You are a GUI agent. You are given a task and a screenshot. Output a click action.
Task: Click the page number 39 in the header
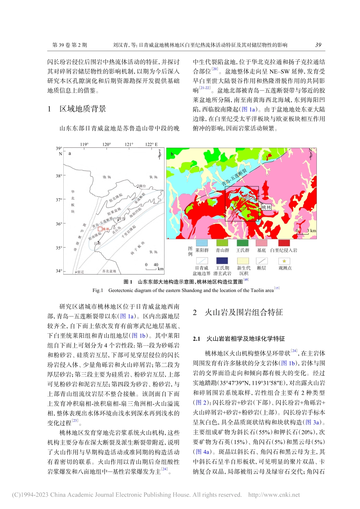coord(318,45)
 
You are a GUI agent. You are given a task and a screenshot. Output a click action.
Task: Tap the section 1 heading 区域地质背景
coord(83,109)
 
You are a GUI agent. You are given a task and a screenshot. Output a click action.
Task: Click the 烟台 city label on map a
coord(142,186)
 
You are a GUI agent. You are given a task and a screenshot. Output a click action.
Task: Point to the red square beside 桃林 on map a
coord(100,229)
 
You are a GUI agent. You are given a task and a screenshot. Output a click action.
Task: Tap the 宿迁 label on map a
coord(80,272)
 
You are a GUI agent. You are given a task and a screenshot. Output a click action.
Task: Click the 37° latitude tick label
coord(59,200)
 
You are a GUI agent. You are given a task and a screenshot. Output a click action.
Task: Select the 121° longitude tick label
coord(129,144)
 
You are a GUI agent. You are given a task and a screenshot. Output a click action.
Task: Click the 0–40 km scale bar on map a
coord(151,269)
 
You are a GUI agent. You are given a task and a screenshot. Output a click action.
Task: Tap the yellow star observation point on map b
coord(256,200)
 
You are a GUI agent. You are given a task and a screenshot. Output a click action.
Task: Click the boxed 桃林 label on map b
coord(266,207)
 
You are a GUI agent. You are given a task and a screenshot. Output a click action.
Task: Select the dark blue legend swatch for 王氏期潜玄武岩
coord(222,261)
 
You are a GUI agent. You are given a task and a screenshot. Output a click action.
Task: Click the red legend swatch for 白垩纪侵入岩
coord(284,243)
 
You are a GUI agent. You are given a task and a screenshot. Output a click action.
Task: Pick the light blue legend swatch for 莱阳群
coord(202,243)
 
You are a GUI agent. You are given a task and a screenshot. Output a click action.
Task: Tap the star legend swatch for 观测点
coord(284,261)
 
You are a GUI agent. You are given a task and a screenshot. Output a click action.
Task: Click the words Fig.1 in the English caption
coord(98,290)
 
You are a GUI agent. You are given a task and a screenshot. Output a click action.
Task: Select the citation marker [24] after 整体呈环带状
coord(294,351)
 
